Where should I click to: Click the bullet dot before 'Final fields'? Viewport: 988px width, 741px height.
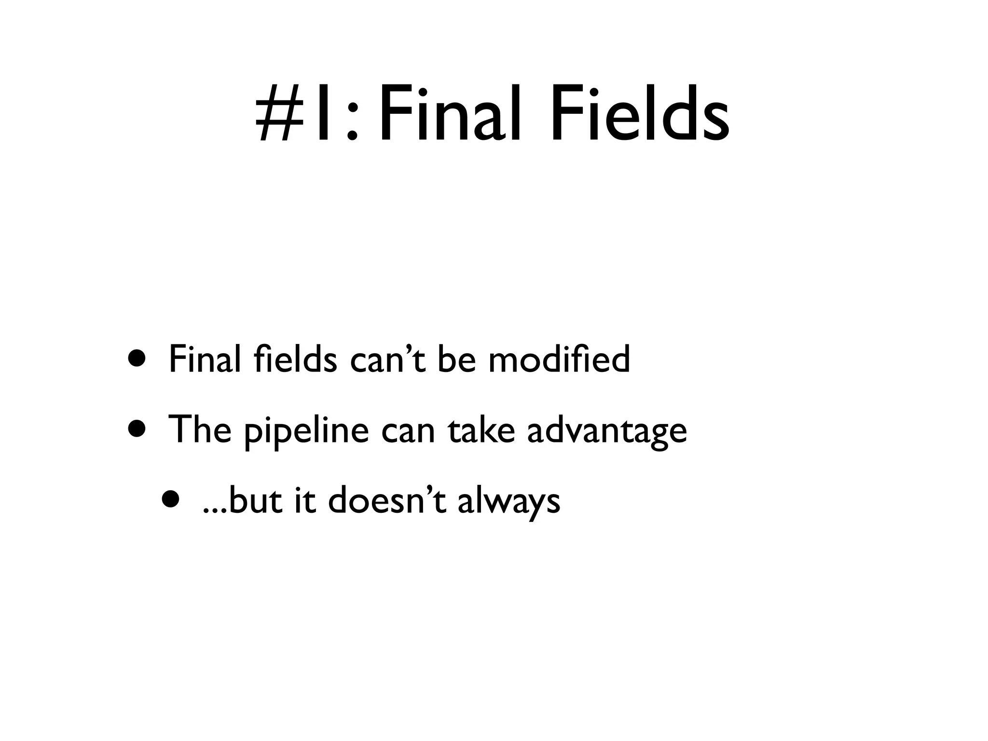click(137, 359)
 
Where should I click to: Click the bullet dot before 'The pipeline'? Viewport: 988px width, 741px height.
click(137, 429)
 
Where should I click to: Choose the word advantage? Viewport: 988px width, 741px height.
click(607, 431)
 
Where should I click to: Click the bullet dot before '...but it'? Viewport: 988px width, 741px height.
click(172, 500)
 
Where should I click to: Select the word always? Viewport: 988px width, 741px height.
click(508, 502)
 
